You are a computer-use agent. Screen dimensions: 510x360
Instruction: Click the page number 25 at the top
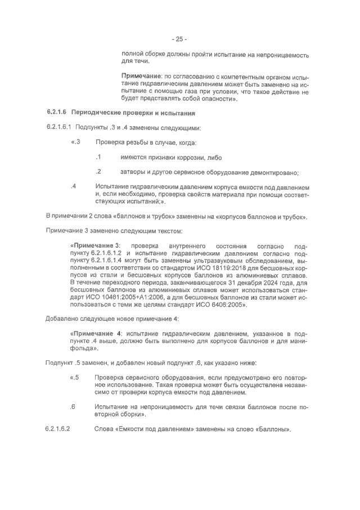pos(179,39)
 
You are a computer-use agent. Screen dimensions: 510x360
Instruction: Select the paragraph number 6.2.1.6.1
pos(59,128)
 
